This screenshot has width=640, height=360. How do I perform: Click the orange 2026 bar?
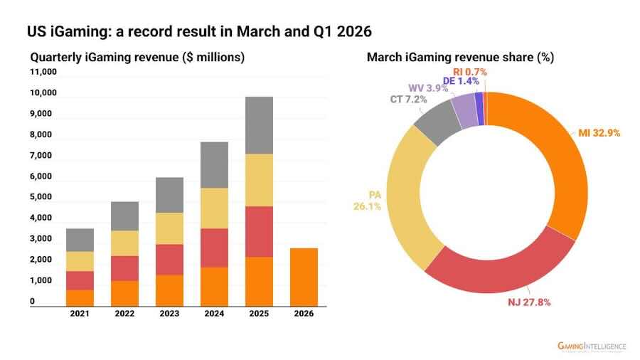pyautogui.click(x=304, y=277)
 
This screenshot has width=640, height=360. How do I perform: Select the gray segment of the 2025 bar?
pyautogui.click(x=259, y=125)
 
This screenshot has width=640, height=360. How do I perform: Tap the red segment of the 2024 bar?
pyautogui.click(x=214, y=248)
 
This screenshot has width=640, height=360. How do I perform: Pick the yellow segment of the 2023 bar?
pyautogui.click(x=169, y=228)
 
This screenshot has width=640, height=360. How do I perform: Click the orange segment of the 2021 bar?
pyautogui.click(x=80, y=298)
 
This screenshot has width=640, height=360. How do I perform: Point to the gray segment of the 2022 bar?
pyautogui.click(x=124, y=216)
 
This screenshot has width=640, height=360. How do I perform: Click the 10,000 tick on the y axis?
pyautogui.click(x=43, y=92)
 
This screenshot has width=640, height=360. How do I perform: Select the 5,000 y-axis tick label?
pyautogui.click(x=41, y=197)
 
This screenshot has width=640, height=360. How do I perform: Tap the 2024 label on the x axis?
pyautogui.click(x=214, y=314)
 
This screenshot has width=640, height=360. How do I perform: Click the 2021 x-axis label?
pyautogui.click(x=80, y=314)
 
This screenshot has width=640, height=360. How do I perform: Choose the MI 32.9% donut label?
pyautogui.click(x=599, y=133)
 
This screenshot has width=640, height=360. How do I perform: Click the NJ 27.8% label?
pyautogui.click(x=529, y=302)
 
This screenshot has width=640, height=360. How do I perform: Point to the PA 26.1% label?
pyautogui.click(x=368, y=201)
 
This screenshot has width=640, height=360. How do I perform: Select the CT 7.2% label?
pyautogui.click(x=408, y=99)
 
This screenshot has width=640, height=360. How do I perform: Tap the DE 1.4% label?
pyautogui.click(x=461, y=81)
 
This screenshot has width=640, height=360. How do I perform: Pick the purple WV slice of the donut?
pyautogui.click(x=465, y=110)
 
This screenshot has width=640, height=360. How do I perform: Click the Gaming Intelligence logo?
pyautogui.click(x=592, y=346)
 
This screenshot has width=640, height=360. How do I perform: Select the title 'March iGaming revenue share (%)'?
pyautogui.click(x=460, y=57)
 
